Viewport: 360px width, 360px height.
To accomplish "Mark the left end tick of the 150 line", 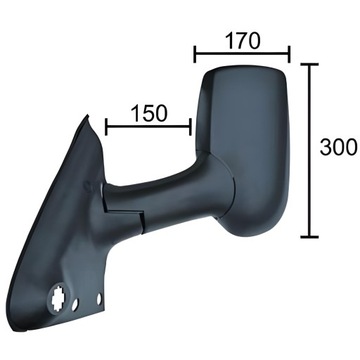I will pos(105,126).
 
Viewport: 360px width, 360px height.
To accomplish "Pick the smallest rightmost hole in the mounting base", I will pos(102,302).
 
